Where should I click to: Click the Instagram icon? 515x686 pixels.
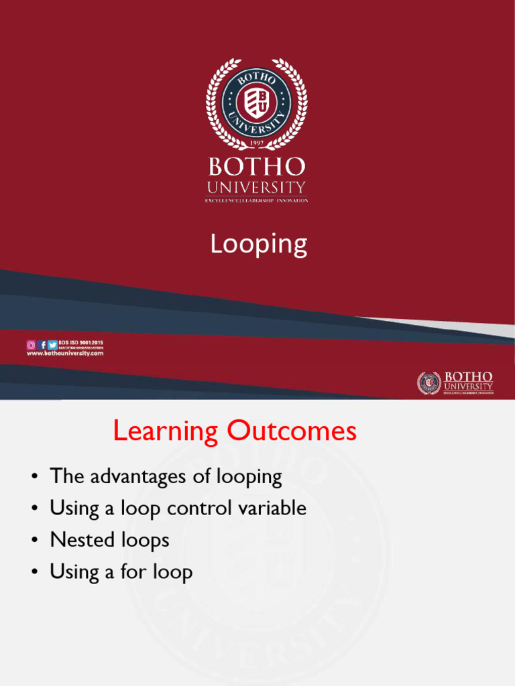(31, 345)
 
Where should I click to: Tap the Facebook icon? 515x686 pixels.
(42, 345)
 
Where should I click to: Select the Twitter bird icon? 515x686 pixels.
(52, 345)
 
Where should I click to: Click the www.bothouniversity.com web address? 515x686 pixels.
(65, 353)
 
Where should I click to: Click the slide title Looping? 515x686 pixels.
(258, 244)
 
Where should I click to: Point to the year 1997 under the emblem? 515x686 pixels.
(256, 143)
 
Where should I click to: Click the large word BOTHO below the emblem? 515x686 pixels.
(256, 167)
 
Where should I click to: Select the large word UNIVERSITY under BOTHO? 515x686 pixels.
(256, 188)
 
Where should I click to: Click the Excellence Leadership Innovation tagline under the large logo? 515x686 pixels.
(256, 200)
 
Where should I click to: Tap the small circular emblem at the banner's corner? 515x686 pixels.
(428, 383)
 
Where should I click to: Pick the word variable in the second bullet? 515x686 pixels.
(274, 508)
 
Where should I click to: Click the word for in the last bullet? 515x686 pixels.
(133, 572)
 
